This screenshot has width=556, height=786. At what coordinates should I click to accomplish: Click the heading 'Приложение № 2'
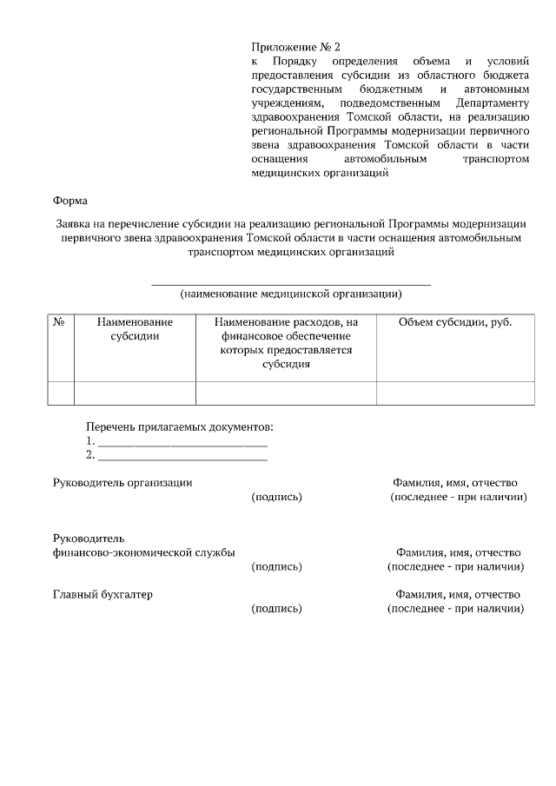(x=291, y=46)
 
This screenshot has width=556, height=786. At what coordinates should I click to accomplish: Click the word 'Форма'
(x=70, y=201)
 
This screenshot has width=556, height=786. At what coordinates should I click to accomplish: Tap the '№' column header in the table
(x=60, y=322)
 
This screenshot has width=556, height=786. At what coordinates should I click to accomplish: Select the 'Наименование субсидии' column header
(x=135, y=329)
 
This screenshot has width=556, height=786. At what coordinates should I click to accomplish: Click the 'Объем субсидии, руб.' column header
(x=454, y=322)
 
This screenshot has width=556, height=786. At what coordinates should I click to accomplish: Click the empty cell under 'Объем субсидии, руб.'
(x=454, y=393)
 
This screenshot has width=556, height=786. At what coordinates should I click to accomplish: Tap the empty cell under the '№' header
(x=60, y=393)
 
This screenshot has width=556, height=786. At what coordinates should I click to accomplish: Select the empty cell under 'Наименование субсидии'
(x=135, y=393)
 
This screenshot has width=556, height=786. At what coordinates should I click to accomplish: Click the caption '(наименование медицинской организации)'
(x=290, y=294)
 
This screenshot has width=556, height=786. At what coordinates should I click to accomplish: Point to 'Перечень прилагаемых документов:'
(x=180, y=426)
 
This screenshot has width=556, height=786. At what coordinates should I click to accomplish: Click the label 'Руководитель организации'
(x=122, y=482)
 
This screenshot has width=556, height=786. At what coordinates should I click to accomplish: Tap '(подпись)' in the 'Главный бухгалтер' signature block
(x=276, y=609)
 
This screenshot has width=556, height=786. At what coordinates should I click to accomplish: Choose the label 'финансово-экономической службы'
(x=143, y=552)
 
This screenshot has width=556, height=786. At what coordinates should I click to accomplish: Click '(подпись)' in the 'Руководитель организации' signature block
(x=276, y=497)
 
